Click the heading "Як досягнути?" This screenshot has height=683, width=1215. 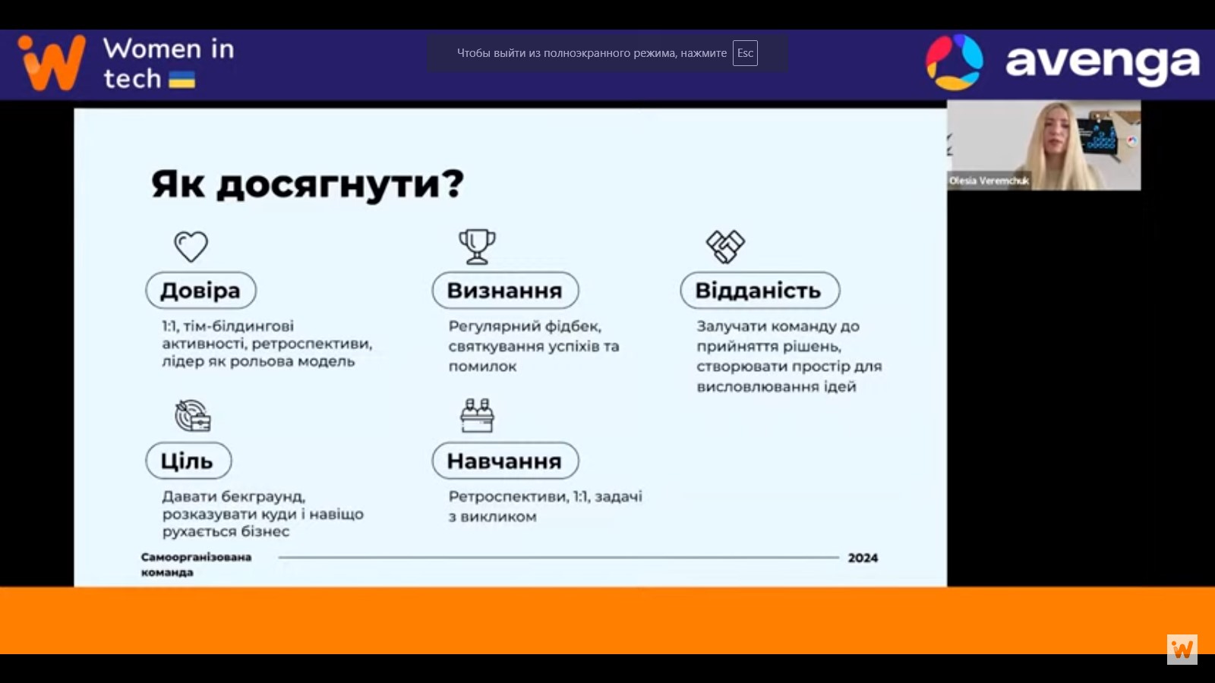[308, 185]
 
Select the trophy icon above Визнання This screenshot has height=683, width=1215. [477, 247]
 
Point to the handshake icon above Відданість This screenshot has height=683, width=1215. [725, 247]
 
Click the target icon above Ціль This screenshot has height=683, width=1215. [193, 416]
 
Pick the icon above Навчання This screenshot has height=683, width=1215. [478, 415]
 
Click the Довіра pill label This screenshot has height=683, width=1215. [200, 291]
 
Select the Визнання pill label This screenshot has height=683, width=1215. [505, 291]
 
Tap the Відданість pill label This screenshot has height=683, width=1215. [760, 291]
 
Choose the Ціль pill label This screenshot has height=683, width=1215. [188, 461]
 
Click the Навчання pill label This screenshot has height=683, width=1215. [505, 461]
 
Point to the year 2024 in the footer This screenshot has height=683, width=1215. [863, 558]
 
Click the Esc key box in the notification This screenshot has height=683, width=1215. [745, 53]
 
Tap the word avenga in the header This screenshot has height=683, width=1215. [1102, 62]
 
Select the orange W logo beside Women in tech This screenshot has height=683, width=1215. [52, 62]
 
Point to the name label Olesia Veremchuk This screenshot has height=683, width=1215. [989, 181]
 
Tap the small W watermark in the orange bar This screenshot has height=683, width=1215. [1182, 650]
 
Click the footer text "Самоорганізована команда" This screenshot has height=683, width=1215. [197, 565]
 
